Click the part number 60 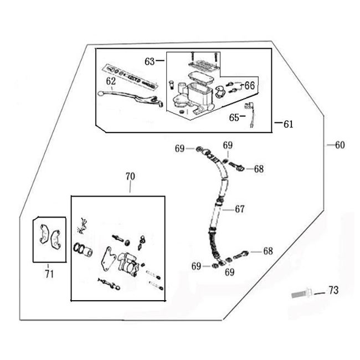click(340, 145)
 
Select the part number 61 click(288, 125)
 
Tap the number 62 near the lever click(111, 81)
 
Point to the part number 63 click(150, 61)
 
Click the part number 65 click(233, 117)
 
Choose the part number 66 click(249, 85)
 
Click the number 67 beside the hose click(239, 209)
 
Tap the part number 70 click(130, 177)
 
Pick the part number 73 click(333, 290)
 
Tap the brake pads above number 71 click(49, 235)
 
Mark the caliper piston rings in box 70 click(81, 250)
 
